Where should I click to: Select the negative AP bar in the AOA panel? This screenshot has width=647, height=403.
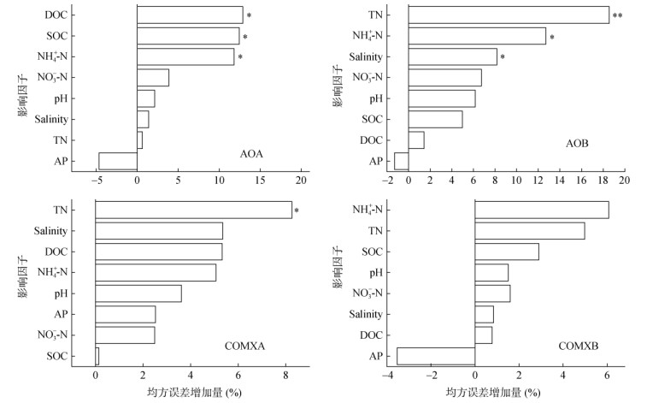118,161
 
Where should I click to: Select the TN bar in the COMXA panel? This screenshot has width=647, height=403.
193,210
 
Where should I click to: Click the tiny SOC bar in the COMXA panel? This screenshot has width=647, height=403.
97,356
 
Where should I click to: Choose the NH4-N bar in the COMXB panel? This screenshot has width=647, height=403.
541,210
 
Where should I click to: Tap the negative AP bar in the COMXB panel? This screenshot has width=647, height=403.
436,356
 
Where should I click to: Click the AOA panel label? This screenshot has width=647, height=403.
251,154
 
